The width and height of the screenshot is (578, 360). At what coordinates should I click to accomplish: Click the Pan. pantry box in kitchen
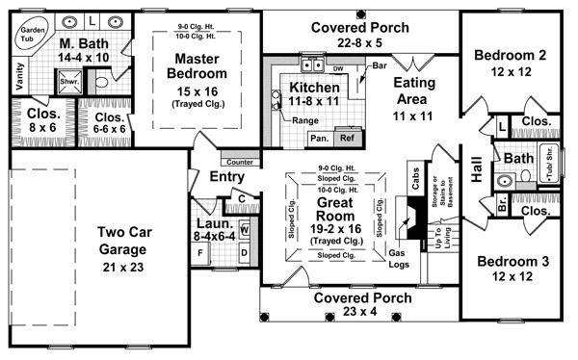point(318,138)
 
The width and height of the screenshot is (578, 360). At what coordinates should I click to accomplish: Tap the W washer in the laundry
point(244,231)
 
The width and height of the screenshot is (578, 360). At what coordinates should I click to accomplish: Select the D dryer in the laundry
point(244,254)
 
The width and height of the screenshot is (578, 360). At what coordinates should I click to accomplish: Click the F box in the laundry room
point(201,255)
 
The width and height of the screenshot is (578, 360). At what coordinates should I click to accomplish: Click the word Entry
point(227,177)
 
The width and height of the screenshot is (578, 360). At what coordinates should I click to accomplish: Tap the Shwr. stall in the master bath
point(68,81)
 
